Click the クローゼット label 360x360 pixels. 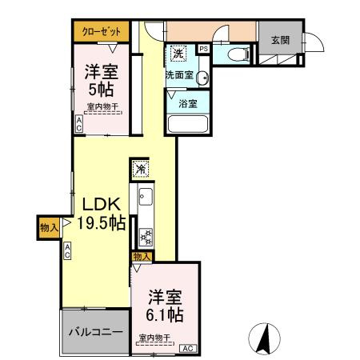(102, 32)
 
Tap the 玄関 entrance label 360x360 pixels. (279, 40)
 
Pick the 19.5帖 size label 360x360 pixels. (101, 223)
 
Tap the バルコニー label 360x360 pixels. (94, 330)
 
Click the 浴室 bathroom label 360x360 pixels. (188, 104)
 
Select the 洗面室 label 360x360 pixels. (180, 74)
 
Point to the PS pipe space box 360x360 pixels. (203, 49)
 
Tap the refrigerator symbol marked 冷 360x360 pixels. (140, 170)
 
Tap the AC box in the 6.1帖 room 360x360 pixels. (188, 348)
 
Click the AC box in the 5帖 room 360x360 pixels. (78, 125)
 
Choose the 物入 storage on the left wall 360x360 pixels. (48, 227)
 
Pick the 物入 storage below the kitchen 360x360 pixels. (142, 256)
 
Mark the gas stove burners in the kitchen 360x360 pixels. (146, 237)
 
